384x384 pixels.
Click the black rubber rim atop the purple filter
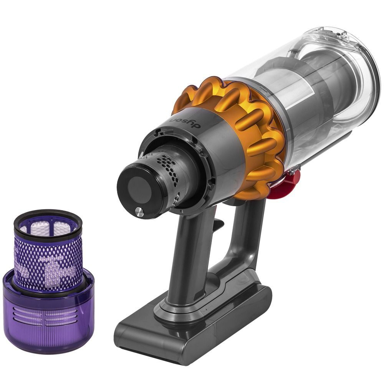[x=48, y=221]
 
